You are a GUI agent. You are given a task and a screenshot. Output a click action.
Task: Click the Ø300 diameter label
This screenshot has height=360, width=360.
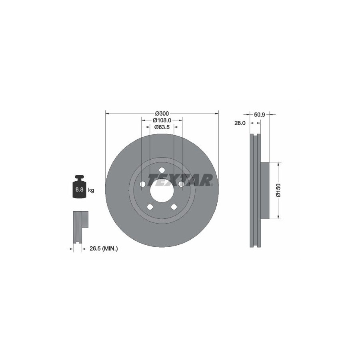pos(162,114)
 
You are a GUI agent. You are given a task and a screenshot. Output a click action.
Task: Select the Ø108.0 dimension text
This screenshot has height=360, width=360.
pos(162,120)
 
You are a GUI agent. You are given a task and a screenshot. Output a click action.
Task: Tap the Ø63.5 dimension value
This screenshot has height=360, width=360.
pos(162,127)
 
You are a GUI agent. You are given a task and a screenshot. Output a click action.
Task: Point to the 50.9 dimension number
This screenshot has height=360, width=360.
pos(260,114)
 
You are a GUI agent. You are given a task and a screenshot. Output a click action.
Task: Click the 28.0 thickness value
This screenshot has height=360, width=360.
pos(240,123)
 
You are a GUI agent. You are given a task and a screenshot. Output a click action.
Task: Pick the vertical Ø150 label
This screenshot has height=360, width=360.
pos(278,190)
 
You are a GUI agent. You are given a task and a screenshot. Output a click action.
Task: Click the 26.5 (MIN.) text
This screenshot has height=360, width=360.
pos(104,248)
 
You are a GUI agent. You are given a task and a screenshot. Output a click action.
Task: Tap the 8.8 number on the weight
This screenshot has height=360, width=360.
pos(79,190)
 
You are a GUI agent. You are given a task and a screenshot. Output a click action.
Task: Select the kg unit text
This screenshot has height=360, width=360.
pos(91,190)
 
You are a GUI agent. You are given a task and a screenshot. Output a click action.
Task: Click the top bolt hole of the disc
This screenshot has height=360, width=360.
pos(162,170)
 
